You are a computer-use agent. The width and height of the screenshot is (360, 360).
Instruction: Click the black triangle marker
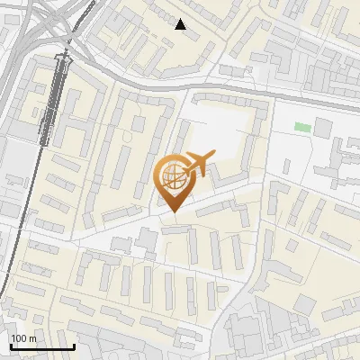pyautogui.click(x=181, y=24)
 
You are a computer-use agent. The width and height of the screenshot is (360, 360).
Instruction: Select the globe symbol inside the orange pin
pyautogui.click(x=171, y=176)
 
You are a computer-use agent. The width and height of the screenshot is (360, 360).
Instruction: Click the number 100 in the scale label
pyautogui.click(x=19, y=337)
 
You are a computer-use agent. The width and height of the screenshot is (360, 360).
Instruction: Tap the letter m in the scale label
pyautogui.click(x=32, y=337)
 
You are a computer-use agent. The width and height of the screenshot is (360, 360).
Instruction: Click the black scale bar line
pyautogui.click(x=41, y=346)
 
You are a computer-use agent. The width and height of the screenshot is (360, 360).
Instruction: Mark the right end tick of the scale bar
pyautogui.click(x=74, y=345)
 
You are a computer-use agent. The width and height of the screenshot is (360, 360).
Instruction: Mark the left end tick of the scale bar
pyautogui.click(x=10, y=345)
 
